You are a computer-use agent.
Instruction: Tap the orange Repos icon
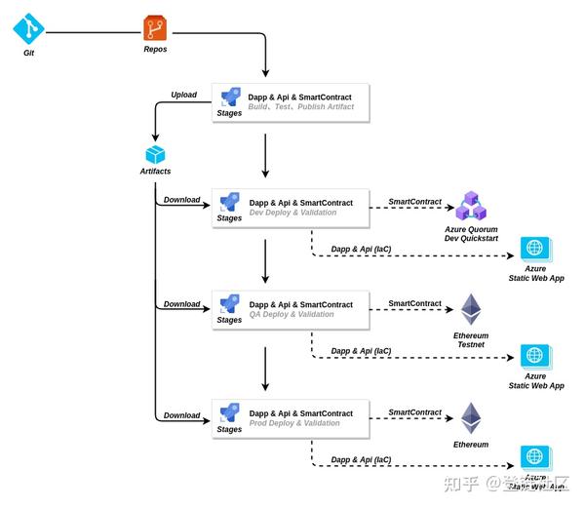pos(155,28)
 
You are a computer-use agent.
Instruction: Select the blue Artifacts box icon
pos(155,154)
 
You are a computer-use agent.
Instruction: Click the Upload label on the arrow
pos(183,96)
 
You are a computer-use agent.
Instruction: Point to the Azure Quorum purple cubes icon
pos(471,207)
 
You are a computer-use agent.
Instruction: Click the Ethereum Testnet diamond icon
pos(472,310)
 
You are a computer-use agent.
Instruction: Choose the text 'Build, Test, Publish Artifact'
pos(300,107)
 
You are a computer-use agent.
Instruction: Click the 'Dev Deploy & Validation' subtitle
pos(292,213)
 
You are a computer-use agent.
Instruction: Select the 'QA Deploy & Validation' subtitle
pos(292,315)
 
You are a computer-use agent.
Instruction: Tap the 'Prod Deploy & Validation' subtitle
pos(294,423)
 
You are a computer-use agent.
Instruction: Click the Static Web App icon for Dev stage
pos(535,248)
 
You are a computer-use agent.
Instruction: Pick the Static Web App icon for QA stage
pos(535,356)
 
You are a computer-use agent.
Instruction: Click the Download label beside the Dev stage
pos(181,200)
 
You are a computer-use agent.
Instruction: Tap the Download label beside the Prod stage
pos(181,415)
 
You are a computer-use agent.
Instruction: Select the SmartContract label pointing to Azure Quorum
pos(415,201)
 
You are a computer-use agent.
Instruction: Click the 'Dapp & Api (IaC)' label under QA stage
pos(361,351)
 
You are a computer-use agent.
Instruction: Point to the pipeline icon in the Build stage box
pos(230,98)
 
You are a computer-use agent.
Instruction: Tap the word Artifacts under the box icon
pos(155,172)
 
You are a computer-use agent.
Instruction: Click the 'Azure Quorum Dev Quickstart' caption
pos(471,233)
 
